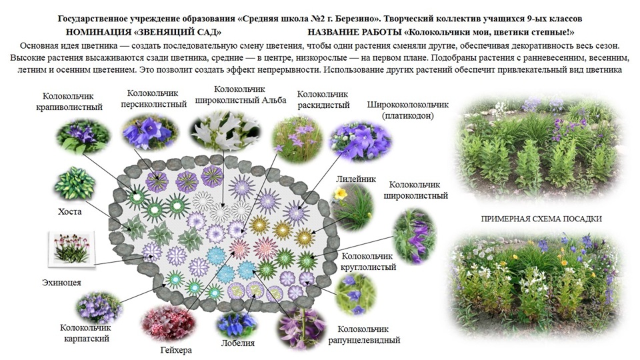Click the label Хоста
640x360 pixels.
click(70, 211)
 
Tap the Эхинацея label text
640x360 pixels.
click(61, 283)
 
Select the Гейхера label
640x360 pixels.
click(176, 350)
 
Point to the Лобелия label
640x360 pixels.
click(237, 343)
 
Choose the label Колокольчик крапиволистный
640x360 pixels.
click(69, 101)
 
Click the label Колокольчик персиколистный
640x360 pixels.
click(153, 99)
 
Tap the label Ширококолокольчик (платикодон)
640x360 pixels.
click(408, 110)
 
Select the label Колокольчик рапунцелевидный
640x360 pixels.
click(364, 334)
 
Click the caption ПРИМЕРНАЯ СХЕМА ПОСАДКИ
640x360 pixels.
click(541, 219)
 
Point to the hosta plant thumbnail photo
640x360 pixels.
click(75, 183)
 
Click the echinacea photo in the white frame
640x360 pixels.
click(71, 249)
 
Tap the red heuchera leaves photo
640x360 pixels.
click(170, 324)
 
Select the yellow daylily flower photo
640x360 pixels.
click(353, 206)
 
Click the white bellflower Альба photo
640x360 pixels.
click(225, 130)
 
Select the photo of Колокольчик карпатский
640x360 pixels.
click(99, 307)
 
